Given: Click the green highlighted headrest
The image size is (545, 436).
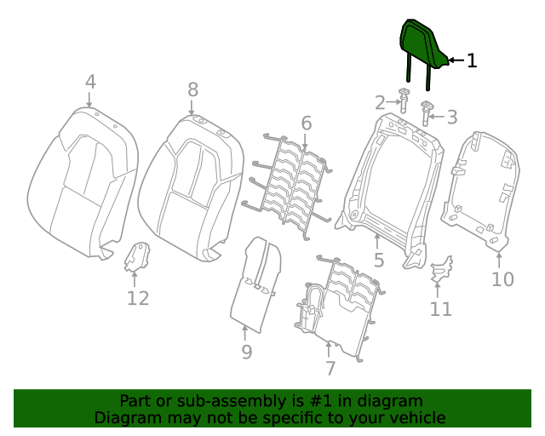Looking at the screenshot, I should point(422,47).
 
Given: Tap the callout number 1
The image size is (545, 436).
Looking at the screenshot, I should point(472,60).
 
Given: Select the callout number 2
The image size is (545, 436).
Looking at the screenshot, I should point(380,103).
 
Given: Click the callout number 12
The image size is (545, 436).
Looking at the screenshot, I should point(138,298).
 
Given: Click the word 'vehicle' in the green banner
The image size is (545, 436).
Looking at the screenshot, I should point(415,417).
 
